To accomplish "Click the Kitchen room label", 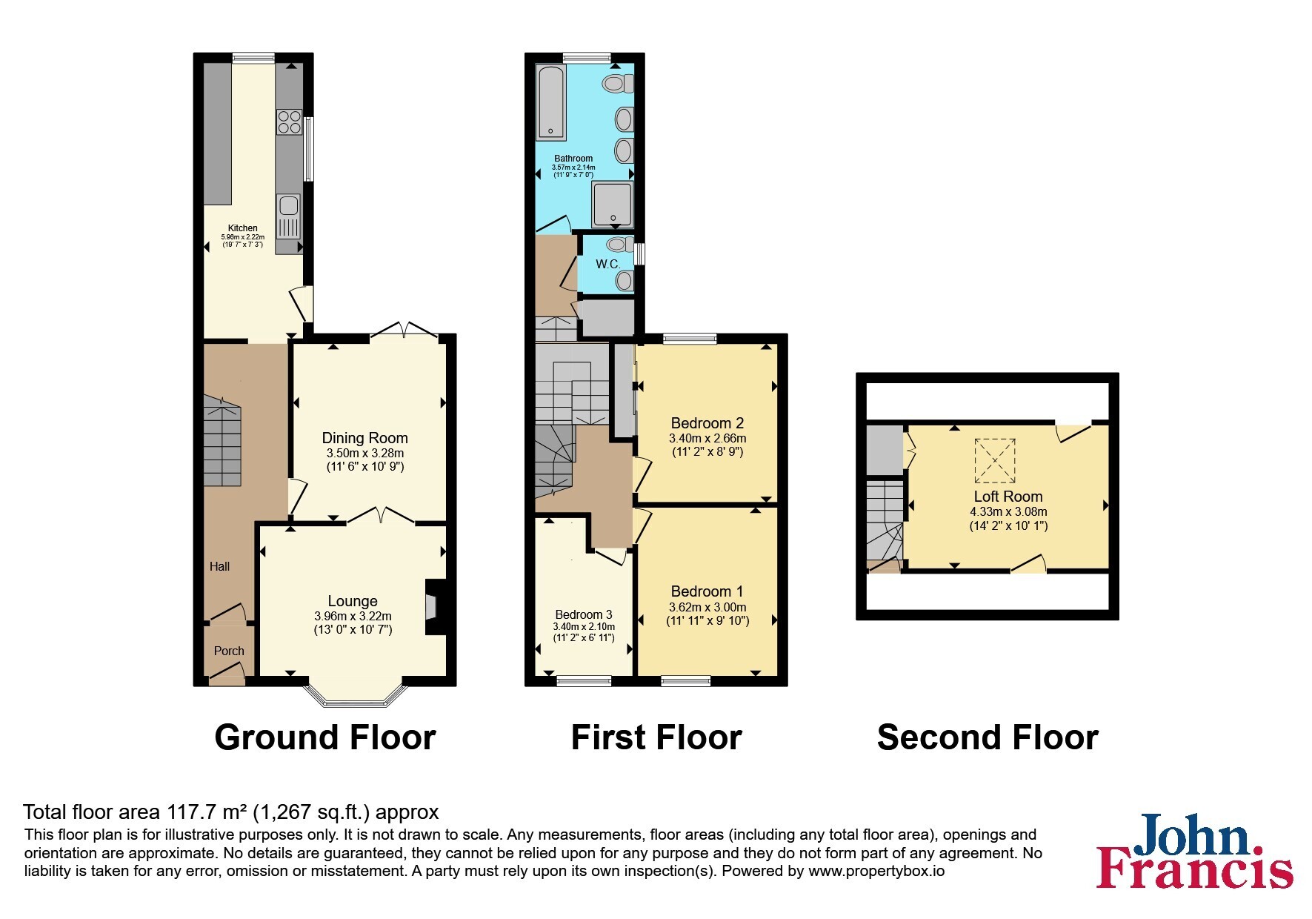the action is tap(243, 228).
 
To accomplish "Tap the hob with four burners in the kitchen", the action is tap(289, 122).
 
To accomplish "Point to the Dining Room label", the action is tap(364, 438).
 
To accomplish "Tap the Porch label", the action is tap(229, 651).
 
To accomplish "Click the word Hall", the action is tap(219, 566).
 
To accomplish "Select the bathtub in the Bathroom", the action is tap(551, 103).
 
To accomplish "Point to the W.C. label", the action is tap(607, 264).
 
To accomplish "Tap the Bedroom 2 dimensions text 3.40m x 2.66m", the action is tap(707, 438).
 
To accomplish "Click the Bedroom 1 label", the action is tap(707, 591).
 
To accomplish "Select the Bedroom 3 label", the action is tap(584, 614).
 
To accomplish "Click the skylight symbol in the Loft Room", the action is tap(995, 459).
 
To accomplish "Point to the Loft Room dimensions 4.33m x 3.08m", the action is tap(1008, 511).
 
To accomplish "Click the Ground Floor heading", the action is tap(325, 737).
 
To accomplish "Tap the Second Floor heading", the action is tap(988, 737).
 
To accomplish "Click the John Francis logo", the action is tap(1195, 851).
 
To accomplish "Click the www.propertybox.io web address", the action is tap(876, 872).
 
